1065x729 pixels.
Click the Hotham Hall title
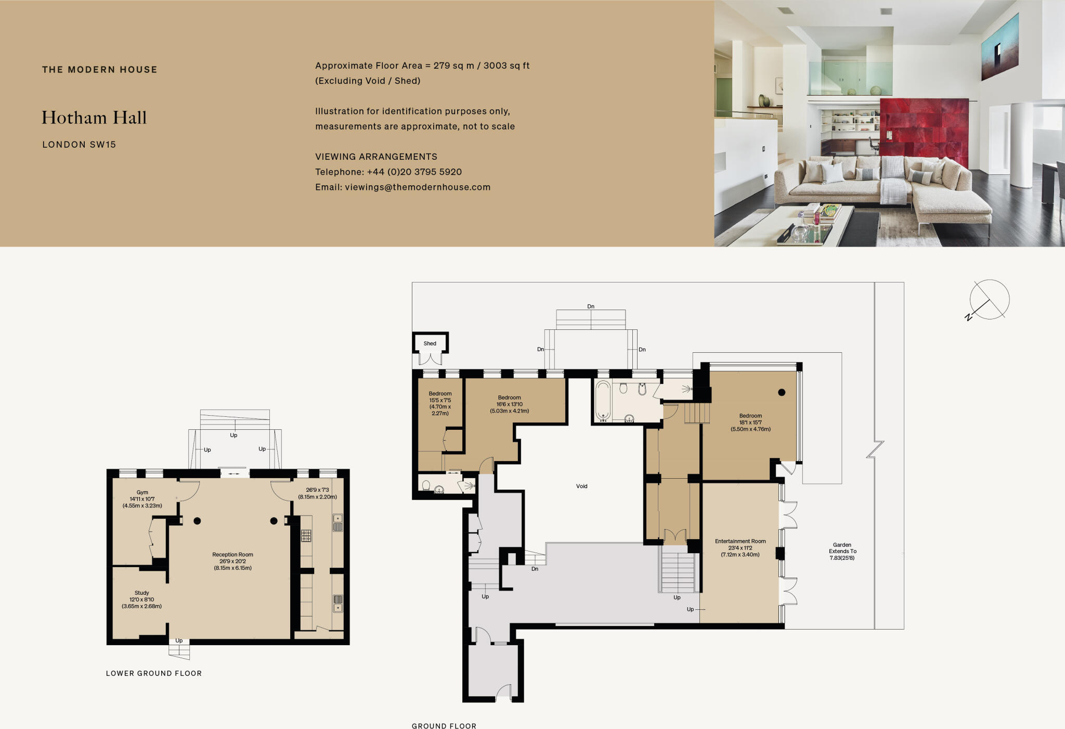pyautogui.click(x=94, y=118)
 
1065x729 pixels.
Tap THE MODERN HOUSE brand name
pyautogui.click(x=99, y=70)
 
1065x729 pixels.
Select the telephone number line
pyautogui.click(x=388, y=172)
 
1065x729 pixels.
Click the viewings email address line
pyautogui.click(x=402, y=187)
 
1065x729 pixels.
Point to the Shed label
pyautogui.click(x=430, y=343)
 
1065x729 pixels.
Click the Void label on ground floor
pyautogui.click(x=581, y=487)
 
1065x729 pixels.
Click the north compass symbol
pyautogui.click(x=988, y=300)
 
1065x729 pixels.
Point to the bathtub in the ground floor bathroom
pyautogui.click(x=603, y=401)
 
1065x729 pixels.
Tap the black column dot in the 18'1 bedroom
pyautogui.click(x=782, y=392)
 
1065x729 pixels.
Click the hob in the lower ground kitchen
pyautogui.click(x=306, y=535)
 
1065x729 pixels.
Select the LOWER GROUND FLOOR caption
pyautogui.click(x=153, y=673)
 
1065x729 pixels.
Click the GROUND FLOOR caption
pyautogui.click(x=444, y=726)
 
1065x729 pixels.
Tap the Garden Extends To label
pyautogui.click(x=842, y=551)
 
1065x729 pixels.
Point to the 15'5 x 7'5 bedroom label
pyautogui.click(x=440, y=403)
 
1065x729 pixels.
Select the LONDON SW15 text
pyautogui.click(x=79, y=145)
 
